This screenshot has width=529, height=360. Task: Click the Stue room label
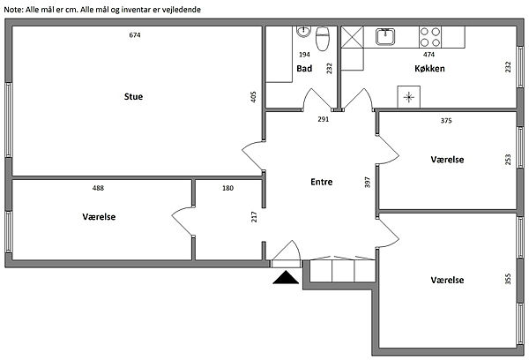pyautogui.click(x=133, y=96)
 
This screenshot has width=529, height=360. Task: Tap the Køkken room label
pyautogui.click(x=428, y=69)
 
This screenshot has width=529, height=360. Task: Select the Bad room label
pyautogui.click(x=304, y=69)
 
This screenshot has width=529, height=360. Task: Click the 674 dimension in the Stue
pyautogui.click(x=135, y=35)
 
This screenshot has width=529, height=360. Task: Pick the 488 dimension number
pyautogui.click(x=98, y=188)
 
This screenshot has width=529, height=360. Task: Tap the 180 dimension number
pyautogui.click(x=228, y=188)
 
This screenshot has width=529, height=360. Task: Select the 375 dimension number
pyautogui.click(x=446, y=121)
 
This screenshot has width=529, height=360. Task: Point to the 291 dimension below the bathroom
pyautogui.click(x=324, y=119)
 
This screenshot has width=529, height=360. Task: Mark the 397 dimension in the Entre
pyautogui.click(x=367, y=183)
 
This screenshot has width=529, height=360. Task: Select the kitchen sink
pyautogui.click(x=385, y=36)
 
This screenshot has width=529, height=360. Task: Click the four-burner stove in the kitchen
pyautogui.click(x=429, y=36)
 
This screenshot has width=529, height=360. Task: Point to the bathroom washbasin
pyautogui.click(x=303, y=32)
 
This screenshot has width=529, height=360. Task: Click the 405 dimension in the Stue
pyautogui.click(x=253, y=97)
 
